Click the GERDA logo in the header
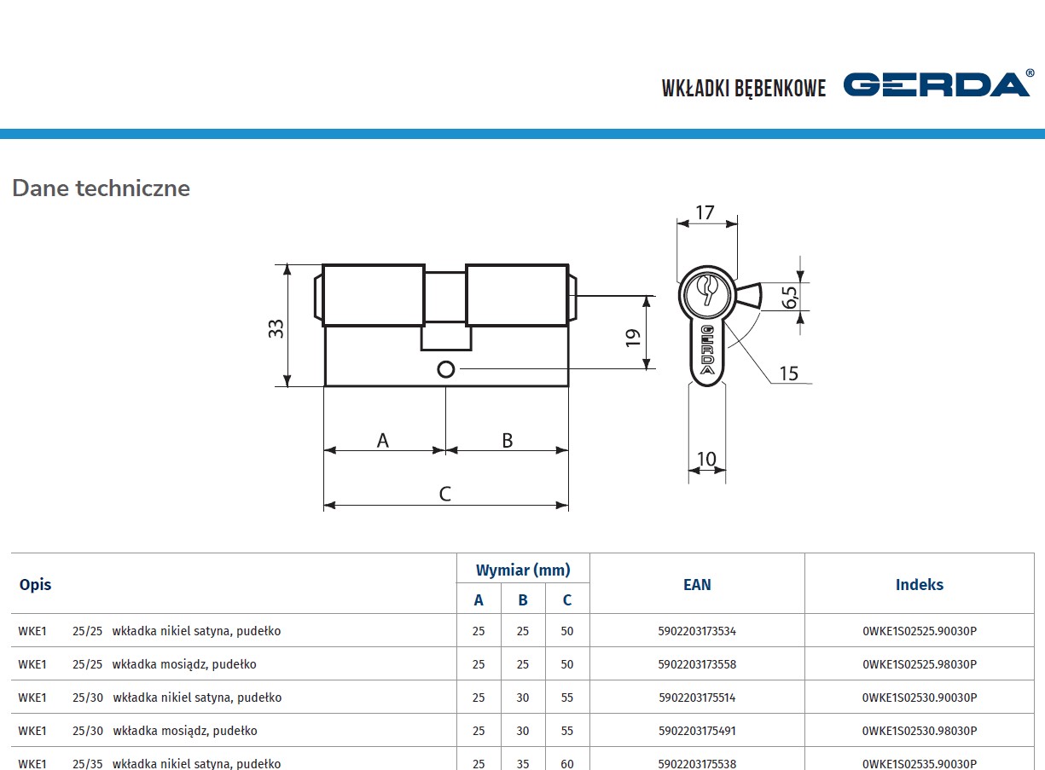(x=937, y=84)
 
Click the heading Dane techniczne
(x=101, y=188)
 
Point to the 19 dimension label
(x=632, y=337)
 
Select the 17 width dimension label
(x=705, y=212)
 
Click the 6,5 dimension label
(x=789, y=297)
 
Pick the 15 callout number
(x=788, y=373)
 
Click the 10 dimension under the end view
(x=707, y=460)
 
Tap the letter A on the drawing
(x=383, y=440)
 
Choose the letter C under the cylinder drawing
(x=444, y=494)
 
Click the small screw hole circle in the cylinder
(x=445, y=369)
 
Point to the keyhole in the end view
(x=707, y=289)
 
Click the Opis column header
(x=35, y=584)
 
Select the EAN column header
(x=697, y=584)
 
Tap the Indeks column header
(x=920, y=584)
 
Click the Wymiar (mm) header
(x=523, y=570)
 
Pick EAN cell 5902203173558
(x=697, y=664)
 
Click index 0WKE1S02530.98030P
(x=920, y=731)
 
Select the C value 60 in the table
(x=567, y=763)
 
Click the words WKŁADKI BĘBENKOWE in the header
(x=744, y=88)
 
